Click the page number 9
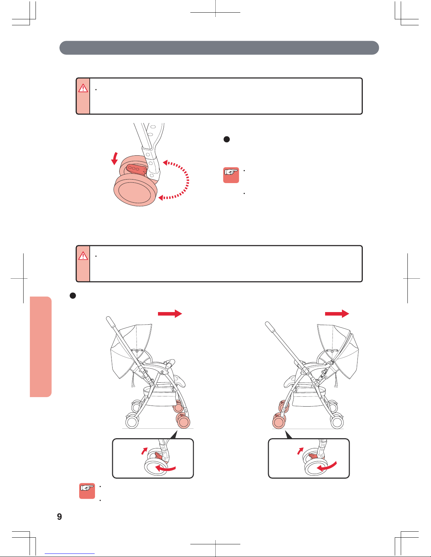click(x=59, y=517)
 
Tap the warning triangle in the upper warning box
click(x=83, y=88)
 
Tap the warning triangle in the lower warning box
click(x=83, y=256)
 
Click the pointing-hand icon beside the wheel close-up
click(x=231, y=175)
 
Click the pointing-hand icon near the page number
click(x=87, y=491)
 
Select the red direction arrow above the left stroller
click(x=170, y=313)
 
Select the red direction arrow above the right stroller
click(x=337, y=313)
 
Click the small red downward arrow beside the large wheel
click(x=115, y=158)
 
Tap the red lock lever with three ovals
click(x=136, y=169)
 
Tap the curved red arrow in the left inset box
click(x=165, y=469)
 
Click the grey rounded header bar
click(x=219, y=48)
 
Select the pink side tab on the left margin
click(x=40, y=346)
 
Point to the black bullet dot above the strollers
click(x=73, y=296)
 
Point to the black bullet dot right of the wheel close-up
click(x=227, y=139)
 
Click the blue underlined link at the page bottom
click(x=70, y=554)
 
